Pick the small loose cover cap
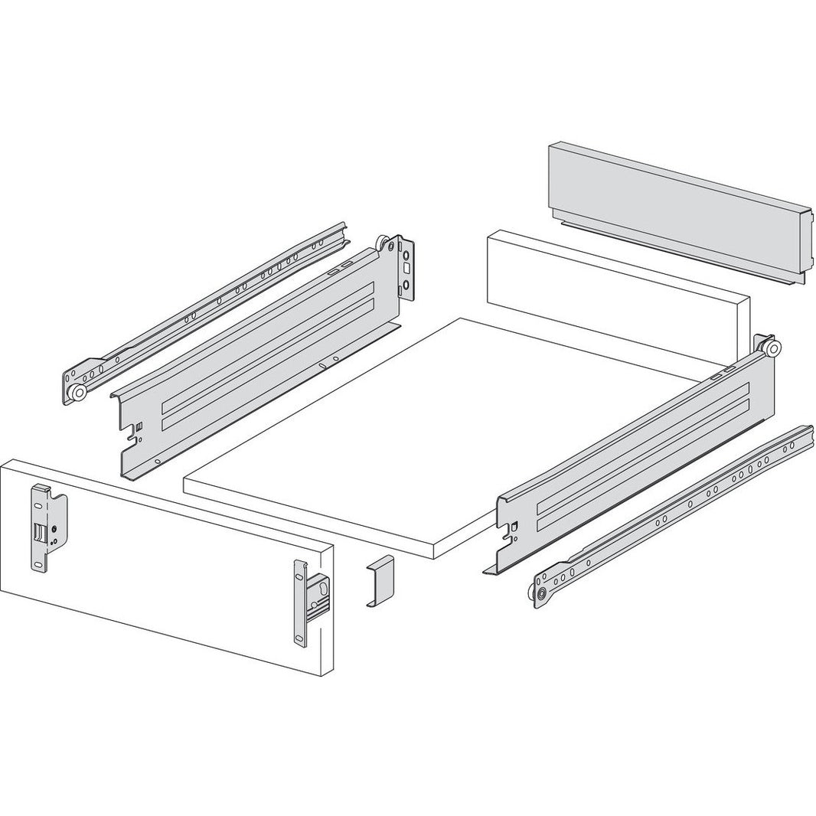coord(379,582)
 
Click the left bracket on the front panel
coord(46,528)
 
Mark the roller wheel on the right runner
coord(541,594)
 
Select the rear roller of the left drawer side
coord(381,244)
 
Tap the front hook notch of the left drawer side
coord(137,432)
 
